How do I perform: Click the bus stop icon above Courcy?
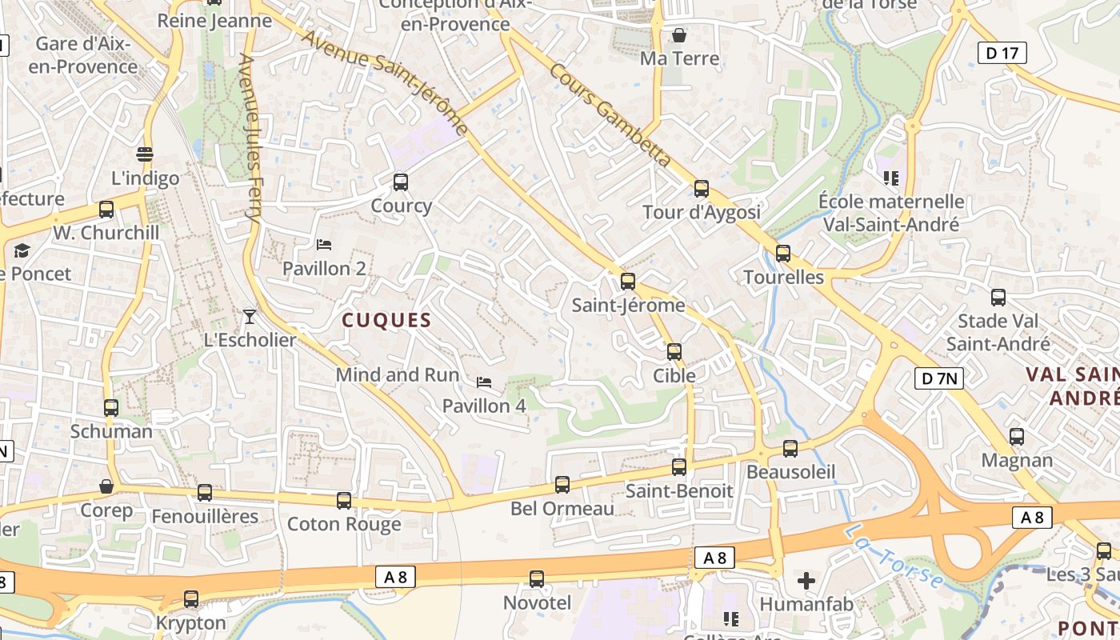pyautogui.click(x=401, y=182)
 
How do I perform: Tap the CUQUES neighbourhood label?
pyautogui.click(x=386, y=321)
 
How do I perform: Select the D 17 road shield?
pyautogui.click(x=1002, y=54)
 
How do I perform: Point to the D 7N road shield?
pyautogui.click(x=938, y=378)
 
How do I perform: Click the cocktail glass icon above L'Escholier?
pyautogui.click(x=250, y=316)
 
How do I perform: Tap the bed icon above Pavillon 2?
pyautogui.click(x=324, y=244)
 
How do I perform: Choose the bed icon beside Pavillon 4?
pyautogui.click(x=483, y=382)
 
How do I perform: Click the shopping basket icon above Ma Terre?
pyautogui.click(x=679, y=35)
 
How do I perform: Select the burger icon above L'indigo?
pyautogui.click(x=145, y=154)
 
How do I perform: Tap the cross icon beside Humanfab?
pyautogui.click(x=806, y=580)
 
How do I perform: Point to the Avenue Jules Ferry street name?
pyautogui.click(x=250, y=138)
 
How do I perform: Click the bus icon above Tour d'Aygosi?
pyautogui.click(x=702, y=189)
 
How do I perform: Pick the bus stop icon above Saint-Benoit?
pyautogui.click(x=679, y=467)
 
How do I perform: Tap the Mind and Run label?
pyautogui.click(x=398, y=374)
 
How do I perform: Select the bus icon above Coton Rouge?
pyautogui.click(x=344, y=501)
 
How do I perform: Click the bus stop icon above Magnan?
pyautogui.click(x=1017, y=437)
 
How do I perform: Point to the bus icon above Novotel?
pyautogui.click(x=537, y=578)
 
